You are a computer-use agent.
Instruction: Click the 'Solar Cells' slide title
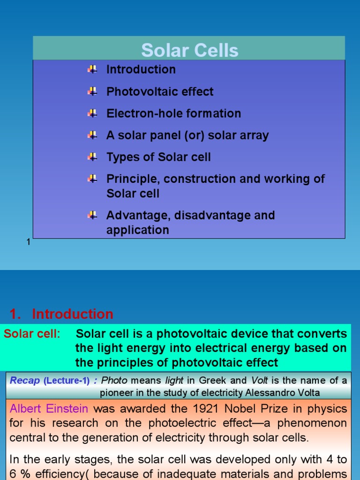(189, 50)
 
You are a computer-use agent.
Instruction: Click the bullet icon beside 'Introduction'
(92, 69)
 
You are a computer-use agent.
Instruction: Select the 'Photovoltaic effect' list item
(160, 91)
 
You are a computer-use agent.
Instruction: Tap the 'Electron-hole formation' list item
(173, 113)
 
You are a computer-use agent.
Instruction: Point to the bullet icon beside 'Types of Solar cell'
(92, 157)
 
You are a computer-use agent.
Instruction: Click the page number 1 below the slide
(29, 242)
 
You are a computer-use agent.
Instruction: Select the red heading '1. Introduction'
(61, 314)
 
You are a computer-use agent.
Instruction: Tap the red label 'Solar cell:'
(32, 334)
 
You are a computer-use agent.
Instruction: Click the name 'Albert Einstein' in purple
(49, 409)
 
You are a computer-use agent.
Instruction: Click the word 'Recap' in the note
(25, 381)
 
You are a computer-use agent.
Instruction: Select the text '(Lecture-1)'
(67, 381)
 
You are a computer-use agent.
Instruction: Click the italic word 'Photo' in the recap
(114, 381)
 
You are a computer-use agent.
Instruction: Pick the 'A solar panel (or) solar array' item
(187, 135)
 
